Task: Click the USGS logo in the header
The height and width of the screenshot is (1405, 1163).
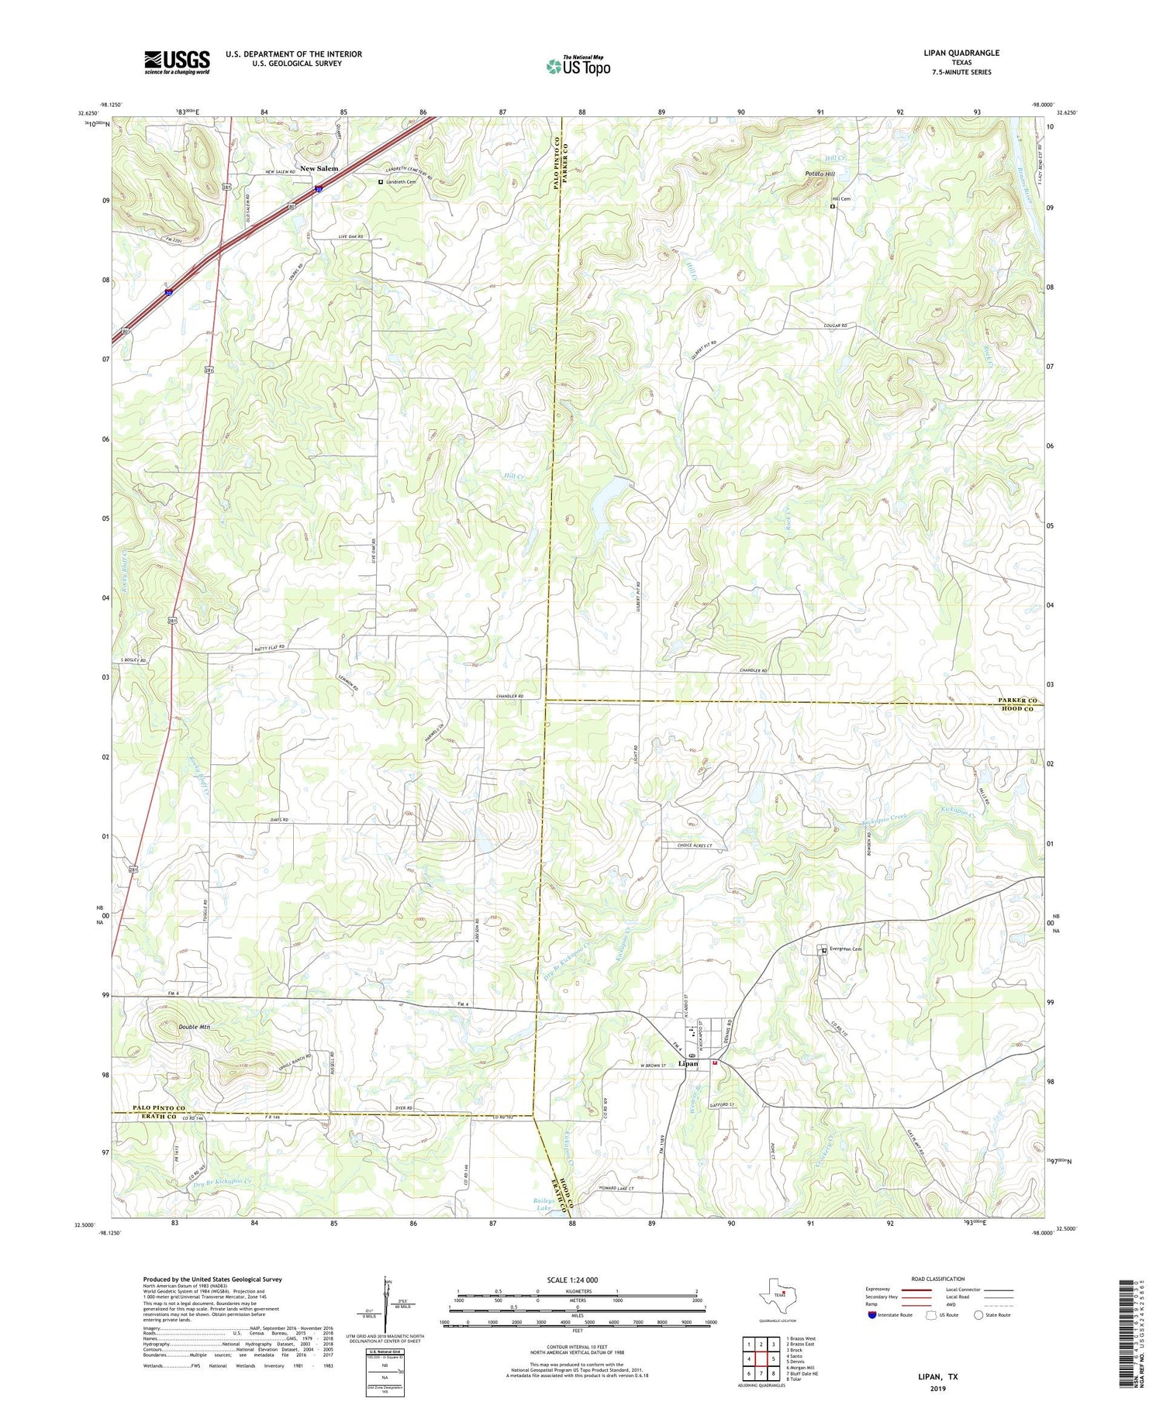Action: (177, 62)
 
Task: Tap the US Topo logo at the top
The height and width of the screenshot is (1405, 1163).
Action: (578, 67)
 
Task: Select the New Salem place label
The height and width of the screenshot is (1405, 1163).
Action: (319, 168)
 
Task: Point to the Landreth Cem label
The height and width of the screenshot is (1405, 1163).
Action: (400, 182)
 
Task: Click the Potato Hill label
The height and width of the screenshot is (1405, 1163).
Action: (820, 174)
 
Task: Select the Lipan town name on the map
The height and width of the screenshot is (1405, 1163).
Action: (688, 1063)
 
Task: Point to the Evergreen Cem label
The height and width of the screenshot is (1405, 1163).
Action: (846, 949)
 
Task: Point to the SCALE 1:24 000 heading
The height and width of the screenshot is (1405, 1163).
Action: (576, 1279)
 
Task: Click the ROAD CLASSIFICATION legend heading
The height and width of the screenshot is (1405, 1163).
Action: (938, 1279)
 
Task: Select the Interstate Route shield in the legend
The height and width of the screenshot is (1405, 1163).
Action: (874, 1315)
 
